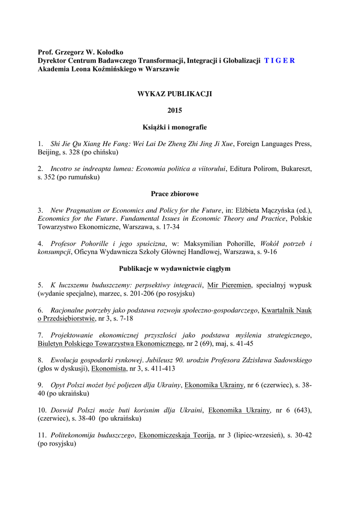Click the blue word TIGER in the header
(x=280, y=61)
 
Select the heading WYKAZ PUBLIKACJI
(x=174, y=94)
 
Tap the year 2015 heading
(x=174, y=111)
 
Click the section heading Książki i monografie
(x=174, y=127)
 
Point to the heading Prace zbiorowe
(x=174, y=193)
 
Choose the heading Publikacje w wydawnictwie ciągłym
(x=174, y=268)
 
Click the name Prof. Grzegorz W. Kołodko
(x=81, y=52)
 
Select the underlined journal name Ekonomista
(x=109, y=369)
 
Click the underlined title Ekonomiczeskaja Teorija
(x=176, y=435)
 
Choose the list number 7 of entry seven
(x=40, y=335)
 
